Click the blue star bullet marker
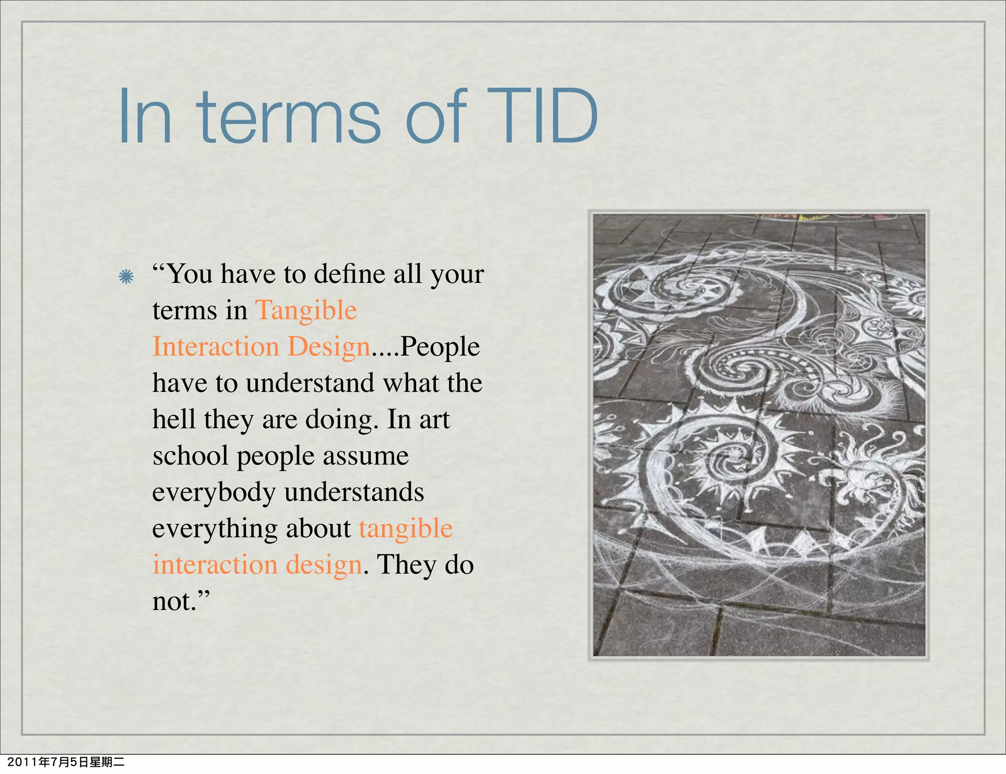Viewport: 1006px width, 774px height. pyautogui.click(x=126, y=277)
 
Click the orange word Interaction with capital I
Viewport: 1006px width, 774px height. pyautogui.click(x=216, y=347)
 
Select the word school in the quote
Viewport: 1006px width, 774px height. pyautogui.click(x=191, y=456)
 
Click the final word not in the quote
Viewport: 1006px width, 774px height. pyautogui.click(x=174, y=601)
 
